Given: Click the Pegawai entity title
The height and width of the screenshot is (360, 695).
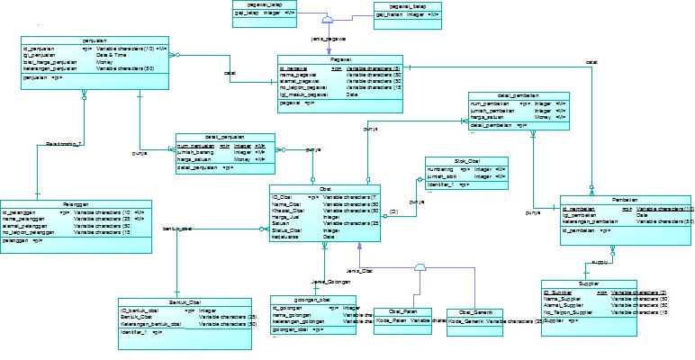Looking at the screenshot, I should (x=340, y=58).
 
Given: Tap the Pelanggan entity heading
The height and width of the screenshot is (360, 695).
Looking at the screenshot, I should (x=62, y=203).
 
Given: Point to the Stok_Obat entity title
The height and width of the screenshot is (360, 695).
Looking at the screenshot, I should (x=466, y=160).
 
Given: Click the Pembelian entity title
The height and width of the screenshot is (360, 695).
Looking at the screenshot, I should (x=626, y=199).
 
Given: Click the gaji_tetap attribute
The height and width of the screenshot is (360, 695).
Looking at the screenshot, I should (x=248, y=13).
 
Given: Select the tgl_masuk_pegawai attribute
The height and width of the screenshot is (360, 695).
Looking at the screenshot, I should (x=306, y=94).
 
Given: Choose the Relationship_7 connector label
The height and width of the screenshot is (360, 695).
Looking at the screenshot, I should (x=64, y=144).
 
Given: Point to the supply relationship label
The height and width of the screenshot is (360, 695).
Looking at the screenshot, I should (x=600, y=263).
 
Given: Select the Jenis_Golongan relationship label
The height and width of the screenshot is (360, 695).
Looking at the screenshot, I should (x=325, y=282).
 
